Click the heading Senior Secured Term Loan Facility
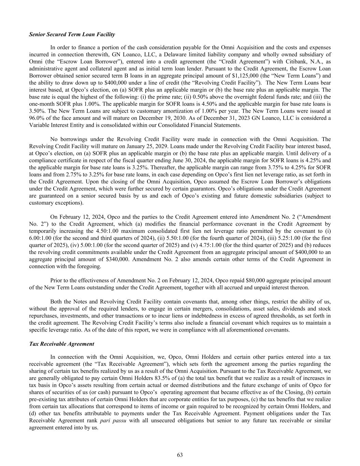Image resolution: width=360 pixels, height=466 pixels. tap(72, 34)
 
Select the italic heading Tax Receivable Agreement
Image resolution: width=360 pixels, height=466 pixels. tap(61, 344)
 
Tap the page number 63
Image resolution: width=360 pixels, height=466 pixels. tap(180, 455)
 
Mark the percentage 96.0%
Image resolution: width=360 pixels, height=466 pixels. tap(37, 118)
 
